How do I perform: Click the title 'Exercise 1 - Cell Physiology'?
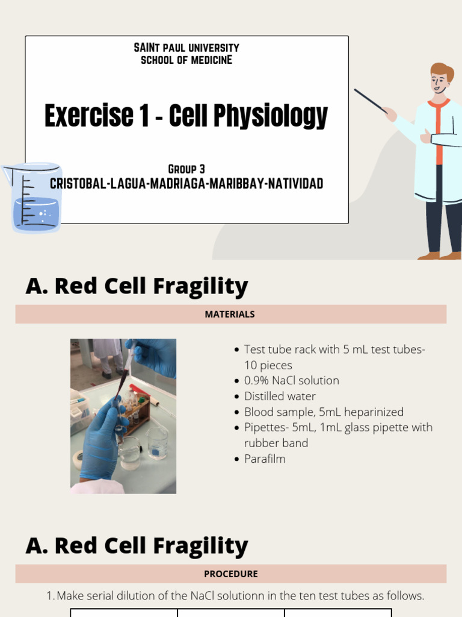(186, 116)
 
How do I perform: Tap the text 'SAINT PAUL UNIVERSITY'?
(186, 48)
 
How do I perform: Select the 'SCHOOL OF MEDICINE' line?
(186, 60)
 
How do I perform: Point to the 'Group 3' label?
(186, 169)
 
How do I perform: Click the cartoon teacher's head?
(440, 78)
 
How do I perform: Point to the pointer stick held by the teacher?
(370, 101)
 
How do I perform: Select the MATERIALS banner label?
(230, 314)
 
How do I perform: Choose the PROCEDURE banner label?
(230, 574)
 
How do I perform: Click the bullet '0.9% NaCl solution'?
(291, 381)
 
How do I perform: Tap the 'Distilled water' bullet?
(280, 396)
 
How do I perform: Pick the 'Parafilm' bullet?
(265, 459)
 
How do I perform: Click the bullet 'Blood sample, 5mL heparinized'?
(324, 412)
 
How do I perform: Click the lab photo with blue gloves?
(123, 416)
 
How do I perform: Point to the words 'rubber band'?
(276, 443)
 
